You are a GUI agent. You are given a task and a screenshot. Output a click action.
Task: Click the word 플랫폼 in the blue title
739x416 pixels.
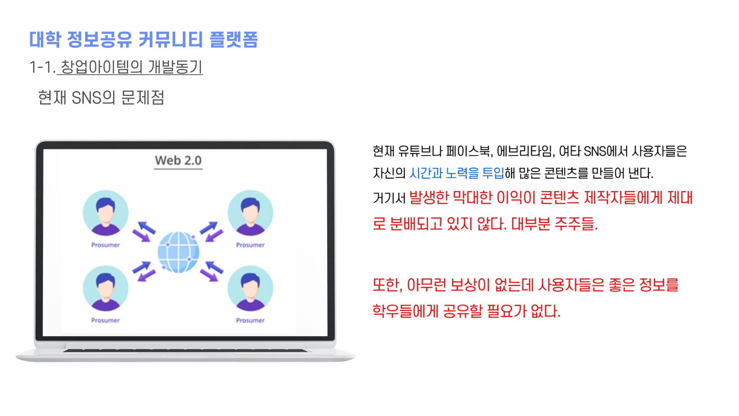point(234,40)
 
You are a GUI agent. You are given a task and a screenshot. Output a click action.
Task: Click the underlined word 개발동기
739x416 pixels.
point(175,67)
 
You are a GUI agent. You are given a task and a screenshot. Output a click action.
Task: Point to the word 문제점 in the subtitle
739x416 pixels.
point(143,97)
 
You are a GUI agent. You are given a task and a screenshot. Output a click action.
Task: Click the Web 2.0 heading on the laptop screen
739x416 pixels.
point(178,160)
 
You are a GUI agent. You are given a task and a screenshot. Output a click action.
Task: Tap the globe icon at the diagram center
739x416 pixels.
point(179,252)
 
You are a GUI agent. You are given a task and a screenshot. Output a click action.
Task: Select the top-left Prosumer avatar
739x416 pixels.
point(105,213)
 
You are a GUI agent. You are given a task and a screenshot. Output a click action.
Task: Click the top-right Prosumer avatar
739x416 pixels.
point(250,213)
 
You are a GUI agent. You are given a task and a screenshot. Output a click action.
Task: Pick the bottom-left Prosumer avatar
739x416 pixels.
point(105,288)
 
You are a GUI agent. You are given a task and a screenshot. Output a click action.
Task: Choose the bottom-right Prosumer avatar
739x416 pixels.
point(250,288)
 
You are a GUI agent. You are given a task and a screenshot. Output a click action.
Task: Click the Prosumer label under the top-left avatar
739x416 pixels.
point(105,245)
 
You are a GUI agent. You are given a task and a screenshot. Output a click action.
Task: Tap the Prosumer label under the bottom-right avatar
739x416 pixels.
point(250,320)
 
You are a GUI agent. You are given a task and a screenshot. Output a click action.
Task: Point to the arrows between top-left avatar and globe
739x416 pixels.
point(144,231)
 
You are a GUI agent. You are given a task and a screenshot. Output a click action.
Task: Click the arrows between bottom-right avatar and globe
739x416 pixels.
point(212,271)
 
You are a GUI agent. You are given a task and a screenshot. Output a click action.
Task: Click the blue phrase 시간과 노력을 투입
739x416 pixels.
point(457,173)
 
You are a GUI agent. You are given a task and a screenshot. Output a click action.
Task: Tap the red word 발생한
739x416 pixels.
point(429,198)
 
